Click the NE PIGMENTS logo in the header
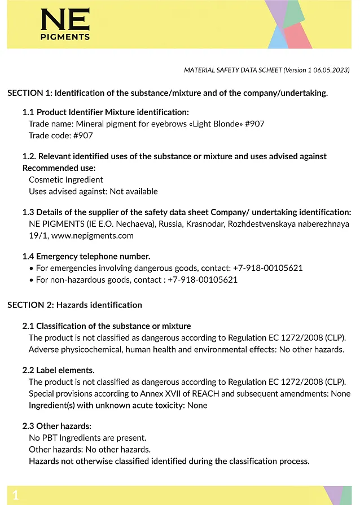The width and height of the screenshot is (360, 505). [x=65, y=24]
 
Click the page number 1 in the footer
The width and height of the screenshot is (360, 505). [x=16, y=495]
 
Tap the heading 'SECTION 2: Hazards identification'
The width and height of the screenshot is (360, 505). [x=74, y=305]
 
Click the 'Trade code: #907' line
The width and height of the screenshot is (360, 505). [x=61, y=135]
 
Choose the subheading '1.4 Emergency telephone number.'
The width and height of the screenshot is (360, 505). [x=86, y=256]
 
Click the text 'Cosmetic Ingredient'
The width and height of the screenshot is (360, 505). [x=66, y=179]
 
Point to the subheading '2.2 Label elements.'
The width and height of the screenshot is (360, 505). [x=58, y=370]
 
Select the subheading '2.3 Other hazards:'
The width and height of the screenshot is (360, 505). [x=56, y=426]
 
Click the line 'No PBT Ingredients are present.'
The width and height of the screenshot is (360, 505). [x=87, y=437]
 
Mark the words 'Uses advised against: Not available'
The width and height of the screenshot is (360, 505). [x=93, y=191]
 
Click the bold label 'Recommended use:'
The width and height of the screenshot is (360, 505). [x=59, y=168]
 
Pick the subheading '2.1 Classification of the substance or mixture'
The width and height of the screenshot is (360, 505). [x=107, y=326]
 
